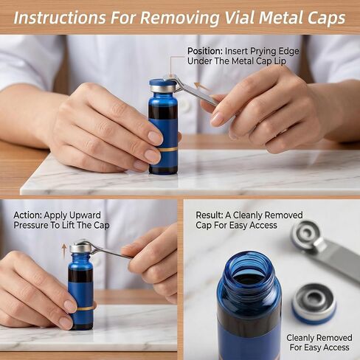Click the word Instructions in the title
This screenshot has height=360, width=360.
[60, 18]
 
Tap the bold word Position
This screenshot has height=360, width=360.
[205, 51]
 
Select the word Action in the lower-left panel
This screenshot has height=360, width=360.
[27, 215]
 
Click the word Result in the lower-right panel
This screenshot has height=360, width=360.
[209, 215]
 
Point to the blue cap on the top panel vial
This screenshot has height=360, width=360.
[162, 83]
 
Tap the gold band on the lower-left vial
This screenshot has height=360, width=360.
[86, 308]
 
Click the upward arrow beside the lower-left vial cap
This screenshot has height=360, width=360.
[64, 251]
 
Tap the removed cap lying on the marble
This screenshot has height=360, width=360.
[314, 304]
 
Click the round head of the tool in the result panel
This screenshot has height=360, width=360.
[307, 234]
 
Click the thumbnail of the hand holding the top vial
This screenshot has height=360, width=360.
[155, 137]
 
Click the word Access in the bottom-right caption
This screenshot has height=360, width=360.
[336, 347]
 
